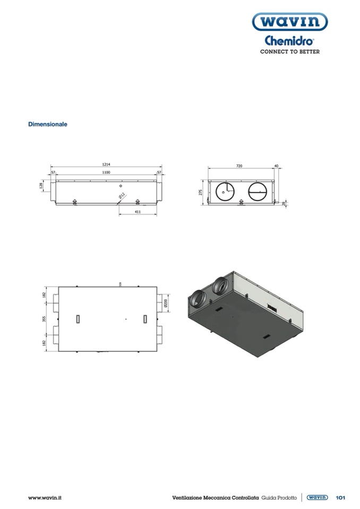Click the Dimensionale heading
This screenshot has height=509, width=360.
[x=48, y=124]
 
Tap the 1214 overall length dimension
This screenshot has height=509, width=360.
[x=106, y=165]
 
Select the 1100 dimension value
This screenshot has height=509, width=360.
[x=106, y=172]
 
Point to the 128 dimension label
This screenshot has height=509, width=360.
[x=41, y=185]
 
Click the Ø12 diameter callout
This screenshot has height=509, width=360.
[x=122, y=196]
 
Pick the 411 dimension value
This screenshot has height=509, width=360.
[x=138, y=212]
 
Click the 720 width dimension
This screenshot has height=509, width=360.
[x=239, y=166]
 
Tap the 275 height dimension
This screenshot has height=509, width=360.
[x=200, y=193]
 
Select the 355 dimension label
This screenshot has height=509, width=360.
[x=44, y=319]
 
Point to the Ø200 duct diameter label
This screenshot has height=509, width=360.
[x=166, y=303]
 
